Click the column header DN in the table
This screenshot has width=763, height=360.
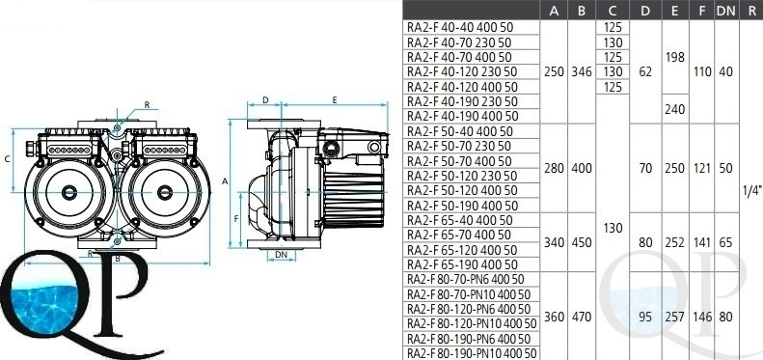pos(725,12)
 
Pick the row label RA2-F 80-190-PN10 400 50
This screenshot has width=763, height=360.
pos(472,353)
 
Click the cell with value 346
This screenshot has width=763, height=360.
pos(582,72)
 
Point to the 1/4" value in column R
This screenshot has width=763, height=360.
pos(751,191)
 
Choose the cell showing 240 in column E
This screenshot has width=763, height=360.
pos(674,109)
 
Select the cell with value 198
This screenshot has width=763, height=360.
pos(674,58)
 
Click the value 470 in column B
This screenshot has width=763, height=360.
pos(582,318)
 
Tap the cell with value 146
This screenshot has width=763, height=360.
pos(701,318)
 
